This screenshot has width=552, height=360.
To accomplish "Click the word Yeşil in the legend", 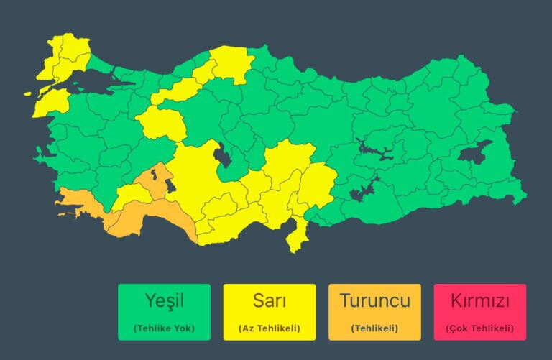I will [164, 300].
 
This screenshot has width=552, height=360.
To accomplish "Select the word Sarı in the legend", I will [269, 300].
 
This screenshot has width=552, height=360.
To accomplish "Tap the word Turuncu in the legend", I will [374, 300].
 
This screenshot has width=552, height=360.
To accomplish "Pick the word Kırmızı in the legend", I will [479, 300].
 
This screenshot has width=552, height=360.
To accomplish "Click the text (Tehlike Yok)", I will [164, 328].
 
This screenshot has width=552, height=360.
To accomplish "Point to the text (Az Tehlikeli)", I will [269, 328].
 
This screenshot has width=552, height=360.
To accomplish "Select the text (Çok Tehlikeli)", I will [479, 328].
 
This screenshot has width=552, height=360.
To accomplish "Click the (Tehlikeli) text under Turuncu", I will [374, 328].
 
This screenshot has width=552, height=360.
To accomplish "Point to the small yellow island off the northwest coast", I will [29, 93].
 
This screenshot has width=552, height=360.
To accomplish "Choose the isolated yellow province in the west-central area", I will [161, 123].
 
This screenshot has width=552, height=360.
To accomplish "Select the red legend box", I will [479, 312].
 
